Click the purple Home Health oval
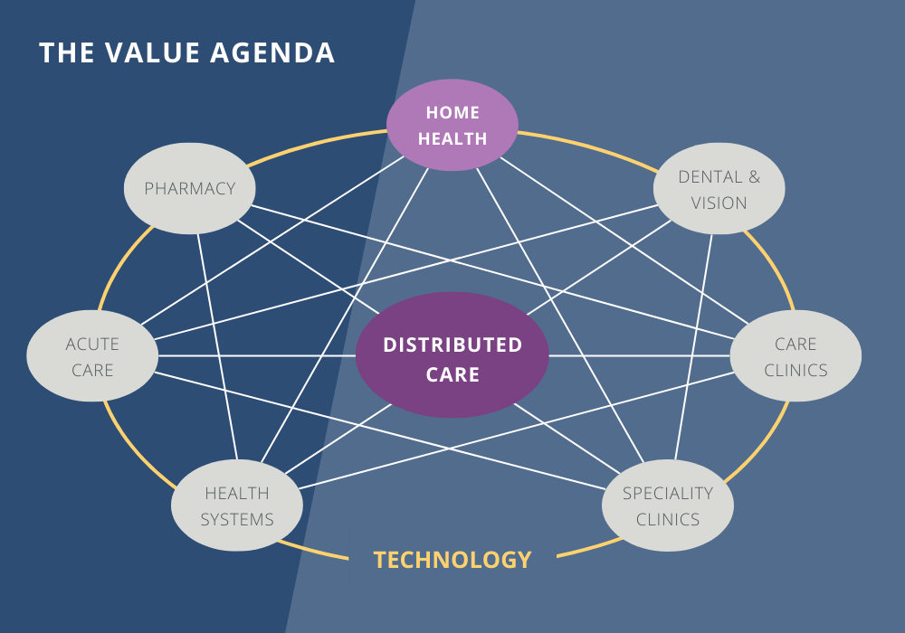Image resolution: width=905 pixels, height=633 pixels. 452,125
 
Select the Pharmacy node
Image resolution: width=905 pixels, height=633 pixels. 189,188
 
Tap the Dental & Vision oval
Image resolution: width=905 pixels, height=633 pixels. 719,189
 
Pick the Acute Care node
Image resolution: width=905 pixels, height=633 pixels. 92,356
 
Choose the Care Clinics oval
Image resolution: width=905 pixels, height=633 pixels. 795,356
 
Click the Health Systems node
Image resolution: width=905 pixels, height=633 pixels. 236,505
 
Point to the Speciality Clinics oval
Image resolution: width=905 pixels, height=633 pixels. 668,505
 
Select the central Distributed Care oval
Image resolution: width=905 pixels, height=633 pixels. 452,355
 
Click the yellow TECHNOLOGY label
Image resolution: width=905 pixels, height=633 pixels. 452,560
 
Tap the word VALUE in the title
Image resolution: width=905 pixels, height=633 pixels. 148,52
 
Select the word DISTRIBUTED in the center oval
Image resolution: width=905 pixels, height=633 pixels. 452,345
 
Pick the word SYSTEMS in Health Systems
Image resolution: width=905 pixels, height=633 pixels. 236,519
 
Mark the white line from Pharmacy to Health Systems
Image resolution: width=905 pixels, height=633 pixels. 217,344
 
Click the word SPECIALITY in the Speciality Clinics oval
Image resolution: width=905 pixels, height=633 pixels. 668,493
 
